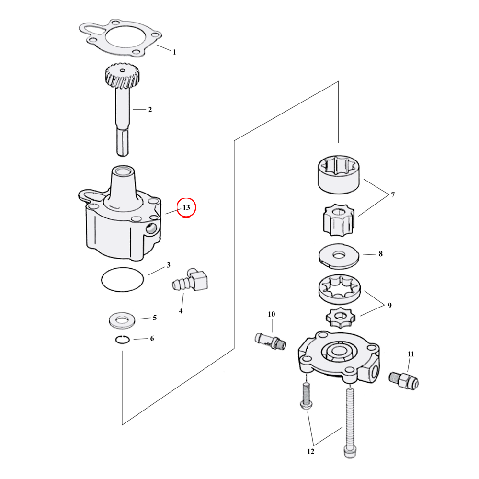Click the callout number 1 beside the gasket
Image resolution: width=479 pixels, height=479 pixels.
(174, 52)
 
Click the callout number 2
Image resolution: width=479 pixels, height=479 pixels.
(149, 110)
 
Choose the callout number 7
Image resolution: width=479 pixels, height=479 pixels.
(392, 195)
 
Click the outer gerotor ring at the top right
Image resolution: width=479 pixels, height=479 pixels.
(339, 175)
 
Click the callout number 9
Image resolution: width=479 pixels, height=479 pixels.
(389, 305)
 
